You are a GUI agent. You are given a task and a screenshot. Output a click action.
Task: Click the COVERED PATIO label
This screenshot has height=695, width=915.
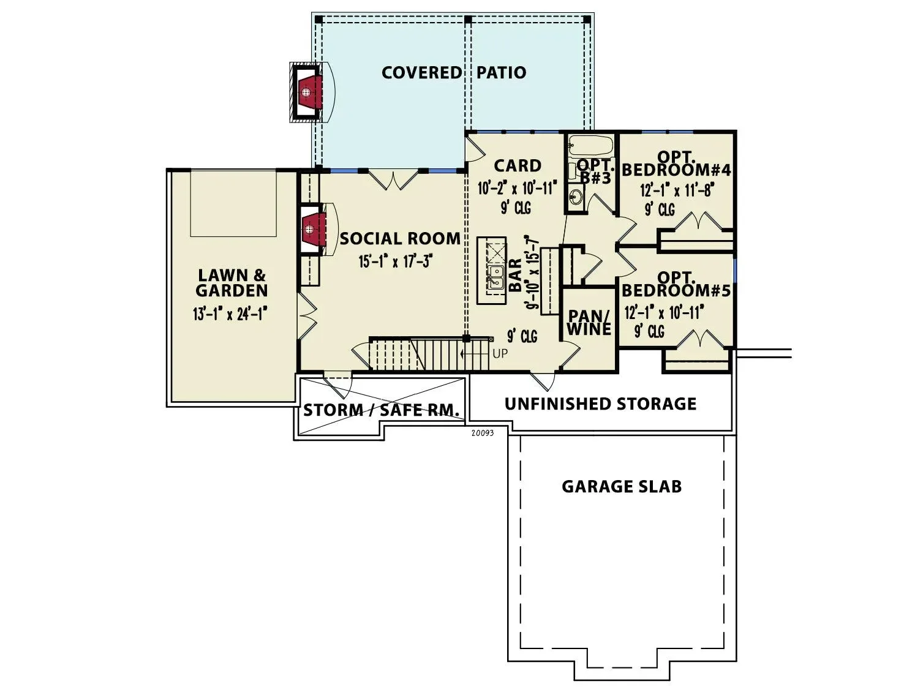[454, 72]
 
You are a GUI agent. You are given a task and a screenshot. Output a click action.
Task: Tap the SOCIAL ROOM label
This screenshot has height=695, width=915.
[400, 239]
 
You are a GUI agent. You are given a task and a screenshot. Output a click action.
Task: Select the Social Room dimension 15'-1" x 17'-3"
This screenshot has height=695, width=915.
[396, 261]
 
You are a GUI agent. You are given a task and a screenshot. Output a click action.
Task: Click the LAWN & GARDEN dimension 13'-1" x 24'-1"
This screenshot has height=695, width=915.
[230, 314]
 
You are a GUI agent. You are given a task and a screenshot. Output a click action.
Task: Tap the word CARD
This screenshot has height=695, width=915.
[518, 166]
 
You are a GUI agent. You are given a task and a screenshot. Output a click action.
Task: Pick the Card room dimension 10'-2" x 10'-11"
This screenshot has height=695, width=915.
[518, 189]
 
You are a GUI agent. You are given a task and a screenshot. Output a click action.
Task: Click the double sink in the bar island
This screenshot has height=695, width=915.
[495, 277]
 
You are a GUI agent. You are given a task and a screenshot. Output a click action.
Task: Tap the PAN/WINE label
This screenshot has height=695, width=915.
[589, 323]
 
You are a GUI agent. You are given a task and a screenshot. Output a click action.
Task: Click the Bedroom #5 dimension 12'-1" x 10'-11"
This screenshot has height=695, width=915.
[664, 312]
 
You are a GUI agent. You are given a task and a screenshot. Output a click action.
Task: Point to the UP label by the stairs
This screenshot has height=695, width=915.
[500, 354]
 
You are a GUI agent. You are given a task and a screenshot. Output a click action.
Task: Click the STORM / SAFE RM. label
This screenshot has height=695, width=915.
[381, 410]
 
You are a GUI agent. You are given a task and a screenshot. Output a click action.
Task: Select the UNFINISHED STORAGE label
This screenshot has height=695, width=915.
[600, 404]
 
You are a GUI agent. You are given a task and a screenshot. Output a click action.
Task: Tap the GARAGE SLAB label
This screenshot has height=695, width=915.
[622, 486]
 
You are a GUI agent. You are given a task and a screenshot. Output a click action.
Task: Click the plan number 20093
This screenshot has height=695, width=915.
[482, 434]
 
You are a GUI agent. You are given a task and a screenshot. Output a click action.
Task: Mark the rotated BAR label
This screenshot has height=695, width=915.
[516, 275]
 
